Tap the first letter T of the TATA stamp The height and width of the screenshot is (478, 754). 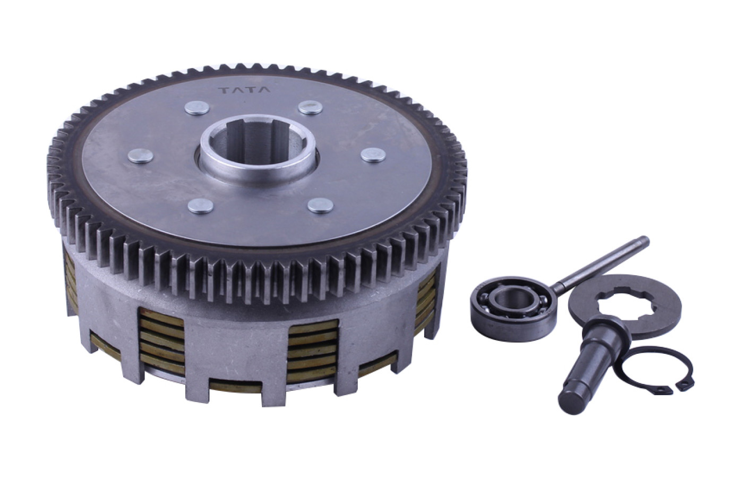click(x=225, y=90)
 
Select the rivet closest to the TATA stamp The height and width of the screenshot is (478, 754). click(x=197, y=108)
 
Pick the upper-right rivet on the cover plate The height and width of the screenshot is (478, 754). click(x=310, y=107)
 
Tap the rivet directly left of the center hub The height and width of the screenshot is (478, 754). click(x=141, y=156)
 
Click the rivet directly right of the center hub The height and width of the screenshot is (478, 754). click(x=373, y=155)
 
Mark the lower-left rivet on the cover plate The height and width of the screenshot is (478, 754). click(x=201, y=206)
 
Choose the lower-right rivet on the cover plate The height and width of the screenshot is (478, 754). click(x=320, y=206)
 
